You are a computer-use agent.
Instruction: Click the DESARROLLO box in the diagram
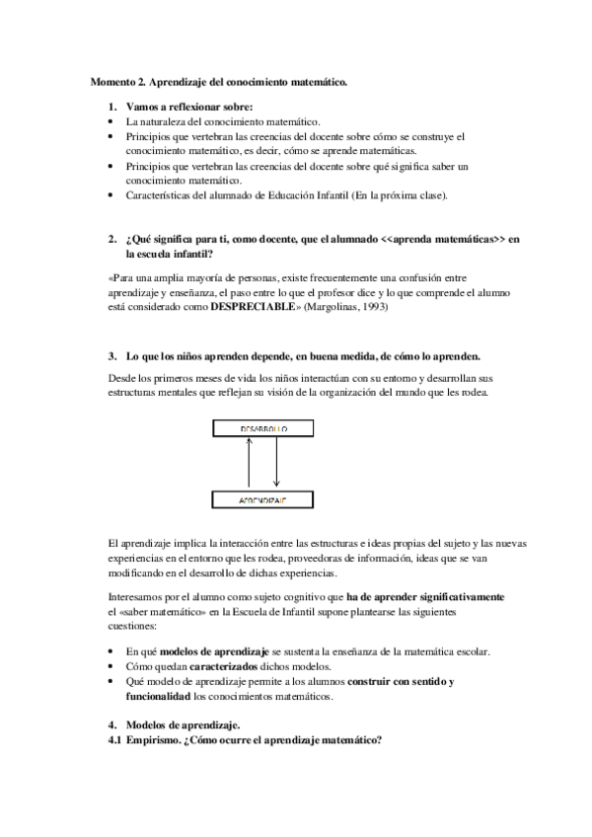pyautogui.click(x=261, y=429)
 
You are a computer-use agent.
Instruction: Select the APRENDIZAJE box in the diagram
pyautogui.click(x=261, y=501)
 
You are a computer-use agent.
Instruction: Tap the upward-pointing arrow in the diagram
pyautogui.click(x=250, y=465)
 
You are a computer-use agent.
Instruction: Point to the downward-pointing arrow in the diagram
pyautogui.click(x=276, y=465)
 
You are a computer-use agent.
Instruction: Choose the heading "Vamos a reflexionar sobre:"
pyautogui.click(x=188, y=106)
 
